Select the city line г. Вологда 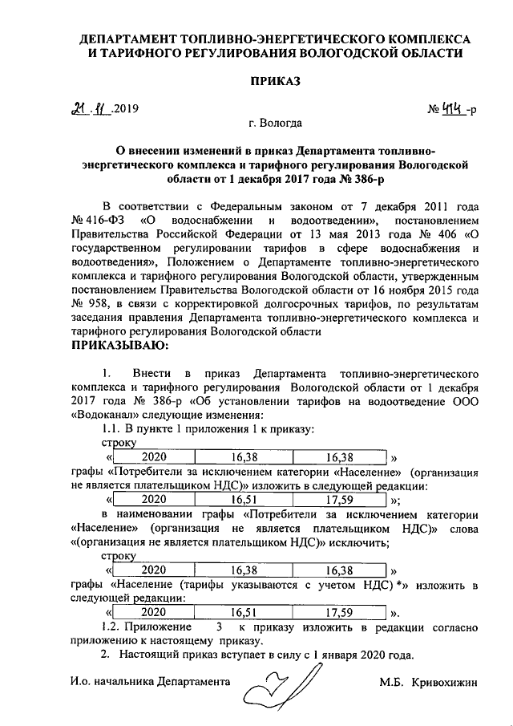pyautogui.click(x=275, y=124)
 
